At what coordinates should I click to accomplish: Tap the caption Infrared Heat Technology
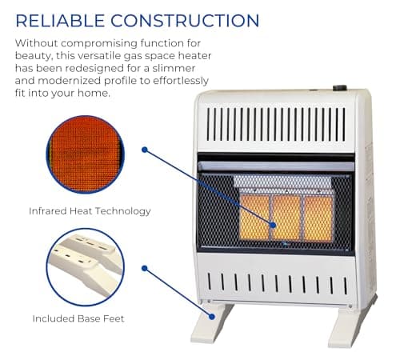pyautogui.click(x=90, y=211)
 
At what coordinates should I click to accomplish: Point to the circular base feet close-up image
pyautogui.click(x=85, y=267)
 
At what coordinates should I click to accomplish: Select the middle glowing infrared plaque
pyautogui.click(x=286, y=217)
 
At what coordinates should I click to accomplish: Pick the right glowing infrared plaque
pyautogui.click(x=318, y=217)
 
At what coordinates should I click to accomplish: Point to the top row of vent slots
pyautogui.click(x=275, y=123)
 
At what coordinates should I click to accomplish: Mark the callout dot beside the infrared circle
pyautogui.click(x=145, y=150)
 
